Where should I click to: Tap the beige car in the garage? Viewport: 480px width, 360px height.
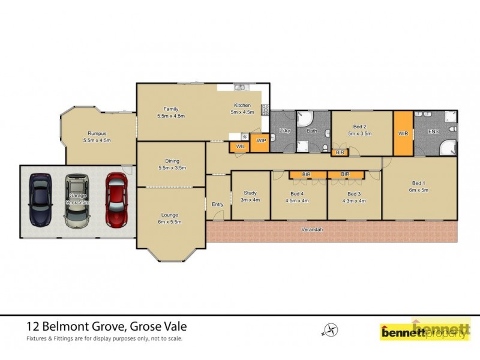click(x=77, y=200)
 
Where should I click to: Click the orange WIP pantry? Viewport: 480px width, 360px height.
click(x=261, y=140)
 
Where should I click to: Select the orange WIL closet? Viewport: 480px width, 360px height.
click(x=240, y=146)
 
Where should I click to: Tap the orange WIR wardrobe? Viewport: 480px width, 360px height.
click(x=403, y=133)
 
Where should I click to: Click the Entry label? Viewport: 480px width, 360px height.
click(x=217, y=205)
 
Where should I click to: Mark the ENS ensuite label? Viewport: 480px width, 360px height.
click(x=434, y=133)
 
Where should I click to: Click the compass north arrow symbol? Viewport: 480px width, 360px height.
click(x=331, y=329)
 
